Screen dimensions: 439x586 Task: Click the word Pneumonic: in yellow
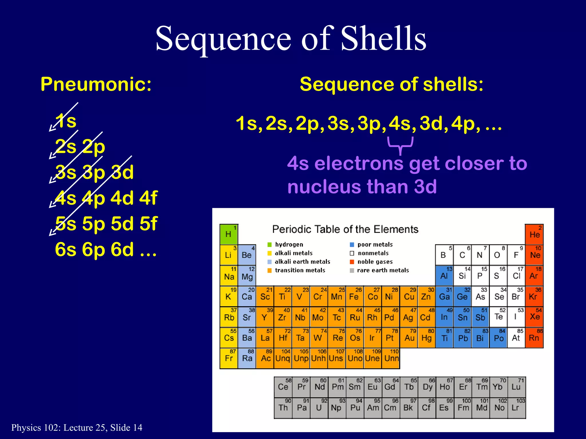96,85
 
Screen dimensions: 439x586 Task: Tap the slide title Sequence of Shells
291,39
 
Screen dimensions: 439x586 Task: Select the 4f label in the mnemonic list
148,198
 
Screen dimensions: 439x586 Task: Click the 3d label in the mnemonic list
122,172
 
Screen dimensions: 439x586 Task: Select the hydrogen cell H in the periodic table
228,234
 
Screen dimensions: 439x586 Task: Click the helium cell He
534,234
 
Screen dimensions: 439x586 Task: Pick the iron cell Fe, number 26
355,296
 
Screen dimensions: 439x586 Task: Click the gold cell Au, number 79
409,338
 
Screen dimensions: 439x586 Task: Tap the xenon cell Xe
534,317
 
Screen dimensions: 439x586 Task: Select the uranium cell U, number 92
319,408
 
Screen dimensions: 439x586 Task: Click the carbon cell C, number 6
462,255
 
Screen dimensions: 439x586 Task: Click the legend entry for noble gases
375,262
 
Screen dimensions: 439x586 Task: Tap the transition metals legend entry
300,270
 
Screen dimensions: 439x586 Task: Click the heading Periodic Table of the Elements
345,230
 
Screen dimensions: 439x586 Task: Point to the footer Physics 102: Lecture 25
77,428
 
